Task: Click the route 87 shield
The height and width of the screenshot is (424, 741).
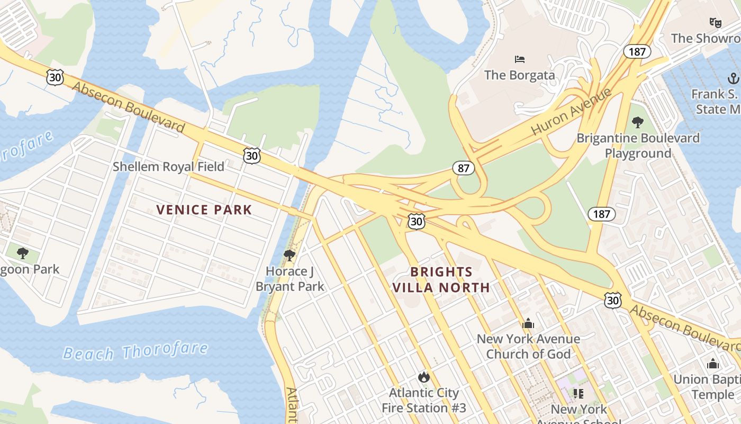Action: pyautogui.click(x=463, y=169)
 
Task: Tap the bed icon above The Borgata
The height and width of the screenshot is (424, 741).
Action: pyautogui.click(x=520, y=59)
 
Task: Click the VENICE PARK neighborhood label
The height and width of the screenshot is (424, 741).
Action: pyautogui.click(x=204, y=210)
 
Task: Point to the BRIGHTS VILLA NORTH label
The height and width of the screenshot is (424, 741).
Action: pyautogui.click(x=441, y=280)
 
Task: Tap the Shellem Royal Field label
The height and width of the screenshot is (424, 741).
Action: pyautogui.click(x=168, y=166)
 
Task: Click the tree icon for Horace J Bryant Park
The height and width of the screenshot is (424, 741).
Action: pyautogui.click(x=290, y=255)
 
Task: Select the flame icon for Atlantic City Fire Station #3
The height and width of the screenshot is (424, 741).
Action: pyautogui.click(x=423, y=377)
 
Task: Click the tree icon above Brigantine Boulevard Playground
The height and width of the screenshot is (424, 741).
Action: pyautogui.click(x=638, y=122)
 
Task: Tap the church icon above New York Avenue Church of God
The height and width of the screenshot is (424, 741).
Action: pyautogui.click(x=528, y=323)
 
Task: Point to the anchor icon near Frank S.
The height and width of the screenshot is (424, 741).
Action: pyautogui.click(x=733, y=79)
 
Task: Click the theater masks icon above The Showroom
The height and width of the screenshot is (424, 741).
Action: pyautogui.click(x=715, y=22)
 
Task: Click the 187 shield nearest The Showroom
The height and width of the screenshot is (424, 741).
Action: pyautogui.click(x=637, y=51)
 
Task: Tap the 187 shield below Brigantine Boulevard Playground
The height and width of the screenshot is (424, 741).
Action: pyautogui.click(x=601, y=214)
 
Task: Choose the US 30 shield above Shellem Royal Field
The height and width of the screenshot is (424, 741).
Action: pyautogui.click(x=252, y=155)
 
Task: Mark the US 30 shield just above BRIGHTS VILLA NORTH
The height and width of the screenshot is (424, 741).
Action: pyautogui.click(x=417, y=222)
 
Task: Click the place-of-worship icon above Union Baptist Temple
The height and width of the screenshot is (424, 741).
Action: pyautogui.click(x=713, y=364)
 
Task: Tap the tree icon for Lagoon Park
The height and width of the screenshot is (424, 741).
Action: pyautogui.click(x=22, y=253)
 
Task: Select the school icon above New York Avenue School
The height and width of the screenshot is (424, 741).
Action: pyautogui.click(x=578, y=393)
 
